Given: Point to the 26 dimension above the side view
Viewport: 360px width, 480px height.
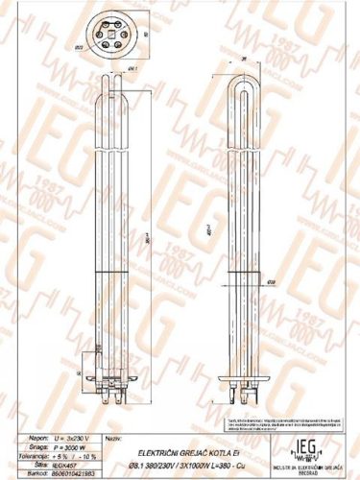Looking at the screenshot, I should [245, 60].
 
